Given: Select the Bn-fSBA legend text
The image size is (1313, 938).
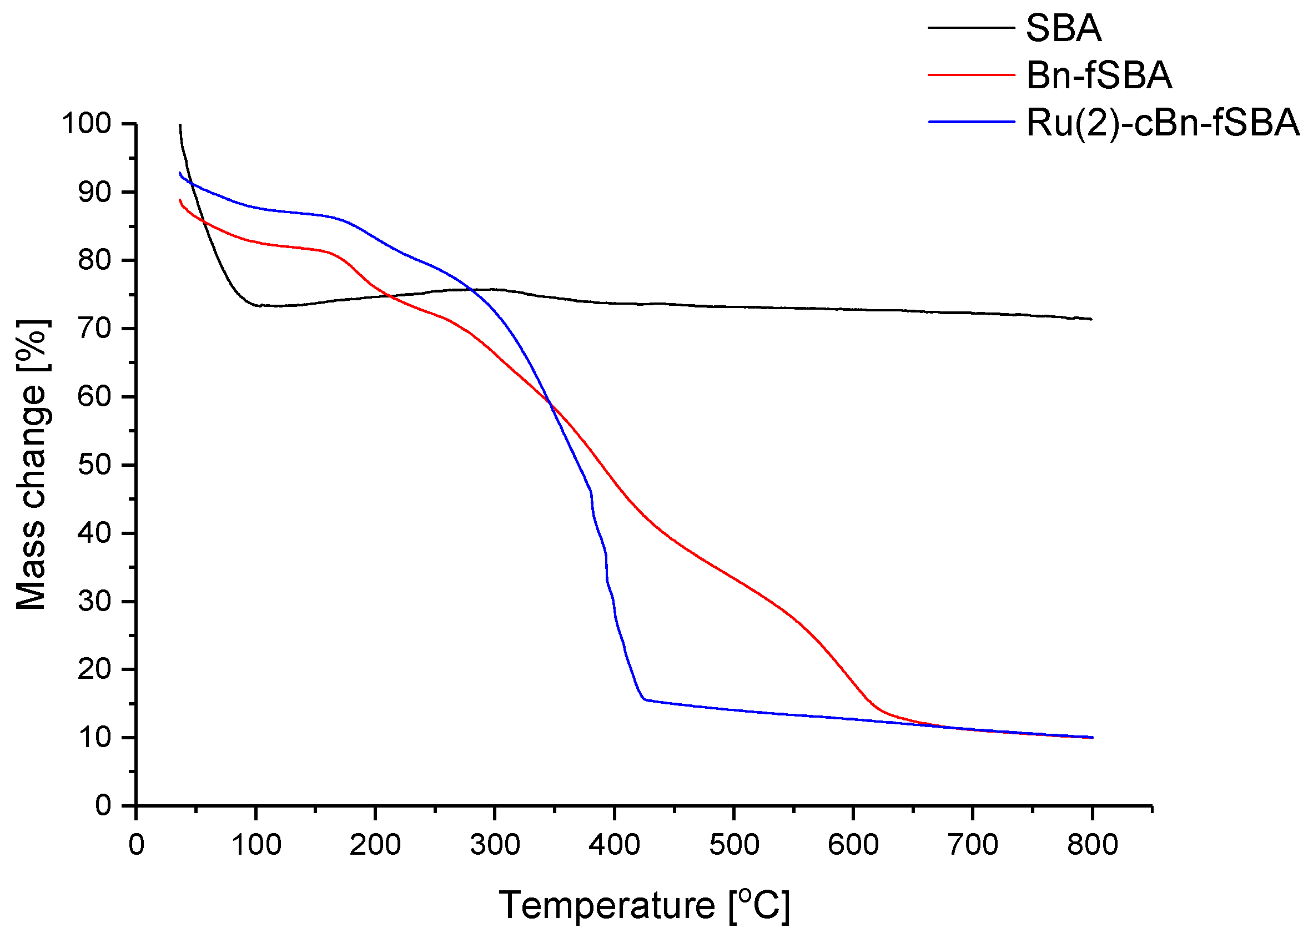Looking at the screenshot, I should click(x=1099, y=75).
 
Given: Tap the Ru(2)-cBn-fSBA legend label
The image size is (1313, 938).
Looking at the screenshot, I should click(x=1162, y=123).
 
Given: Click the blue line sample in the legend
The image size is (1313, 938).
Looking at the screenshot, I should click(x=971, y=122).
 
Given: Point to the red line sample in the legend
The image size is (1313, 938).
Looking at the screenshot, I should click(x=971, y=74).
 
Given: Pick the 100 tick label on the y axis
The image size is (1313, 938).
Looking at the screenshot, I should click(x=87, y=124).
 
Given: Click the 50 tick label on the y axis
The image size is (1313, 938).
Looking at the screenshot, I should click(x=94, y=465).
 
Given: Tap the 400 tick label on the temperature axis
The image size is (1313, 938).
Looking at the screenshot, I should click(x=614, y=845).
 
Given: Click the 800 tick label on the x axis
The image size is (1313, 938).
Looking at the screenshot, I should click(x=1091, y=845).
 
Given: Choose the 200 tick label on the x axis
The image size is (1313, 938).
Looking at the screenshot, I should click(x=375, y=845).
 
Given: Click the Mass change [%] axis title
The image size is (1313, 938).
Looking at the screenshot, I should click(x=32, y=465).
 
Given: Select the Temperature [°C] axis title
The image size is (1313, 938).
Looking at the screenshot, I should click(x=643, y=905).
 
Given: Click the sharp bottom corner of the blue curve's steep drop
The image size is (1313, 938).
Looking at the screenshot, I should click(x=644, y=699).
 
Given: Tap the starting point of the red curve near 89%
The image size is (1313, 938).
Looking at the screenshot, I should click(x=180, y=200).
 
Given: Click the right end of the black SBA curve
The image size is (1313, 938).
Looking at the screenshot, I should click(x=1091, y=319).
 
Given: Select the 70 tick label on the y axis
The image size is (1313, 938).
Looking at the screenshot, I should click(x=94, y=329).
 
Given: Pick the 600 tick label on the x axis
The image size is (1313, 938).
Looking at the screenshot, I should click(x=853, y=845).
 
